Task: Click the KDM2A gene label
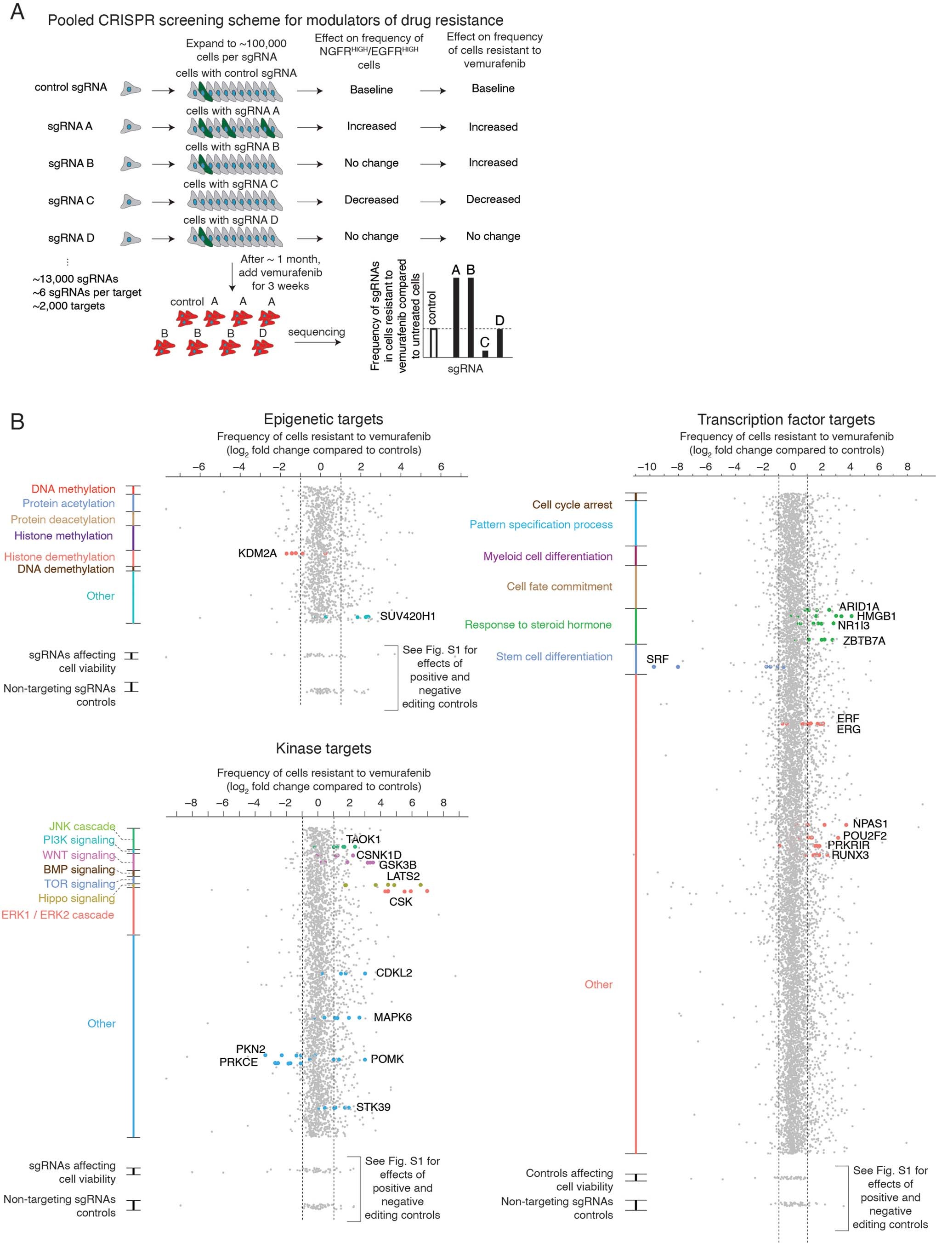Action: (x=257, y=554)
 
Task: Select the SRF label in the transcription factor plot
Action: (x=658, y=659)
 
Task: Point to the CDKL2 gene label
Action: (x=394, y=973)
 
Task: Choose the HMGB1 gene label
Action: (x=876, y=616)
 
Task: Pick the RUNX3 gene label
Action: (x=850, y=855)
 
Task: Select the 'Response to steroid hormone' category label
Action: (x=538, y=625)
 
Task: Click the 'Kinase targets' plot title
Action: (x=323, y=749)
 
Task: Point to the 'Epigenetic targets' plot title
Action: (x=323, y=419)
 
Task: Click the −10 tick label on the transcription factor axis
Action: (x=647, y=466)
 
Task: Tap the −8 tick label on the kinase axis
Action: (x=191, y=802)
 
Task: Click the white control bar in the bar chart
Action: (x=434, y=343)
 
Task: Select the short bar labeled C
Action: (x=485, y=354)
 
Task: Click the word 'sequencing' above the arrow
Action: (x=316, y=332)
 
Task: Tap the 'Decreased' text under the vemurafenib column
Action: (x=493, y=199)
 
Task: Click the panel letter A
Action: (x=17, y=12)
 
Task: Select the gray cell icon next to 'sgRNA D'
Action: (x=130, y=238)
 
